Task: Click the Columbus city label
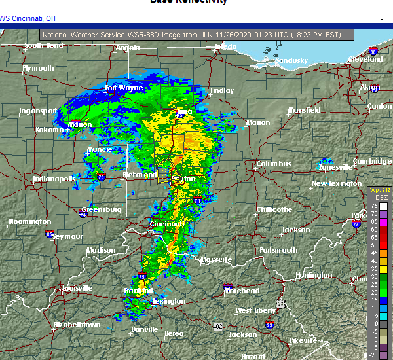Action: [x=273, y=164]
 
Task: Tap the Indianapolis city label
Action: [x=55, y=179]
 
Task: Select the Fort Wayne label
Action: [x=124, y=88]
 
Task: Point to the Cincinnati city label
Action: [x=167, y=224]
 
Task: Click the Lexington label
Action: [x=168, y=301]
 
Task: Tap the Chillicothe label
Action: [x=274, y=209]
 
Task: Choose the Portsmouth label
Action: [x=278, y=250]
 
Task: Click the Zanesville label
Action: [x=335, y=167]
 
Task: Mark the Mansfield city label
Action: [x=304, y=110]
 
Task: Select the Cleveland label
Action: [x=365, y=59]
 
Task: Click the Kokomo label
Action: [x=49, y=130]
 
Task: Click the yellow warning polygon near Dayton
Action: [x=168, y=169]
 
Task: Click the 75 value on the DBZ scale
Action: [x=374, y=206]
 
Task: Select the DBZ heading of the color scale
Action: [x=375, y=197]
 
